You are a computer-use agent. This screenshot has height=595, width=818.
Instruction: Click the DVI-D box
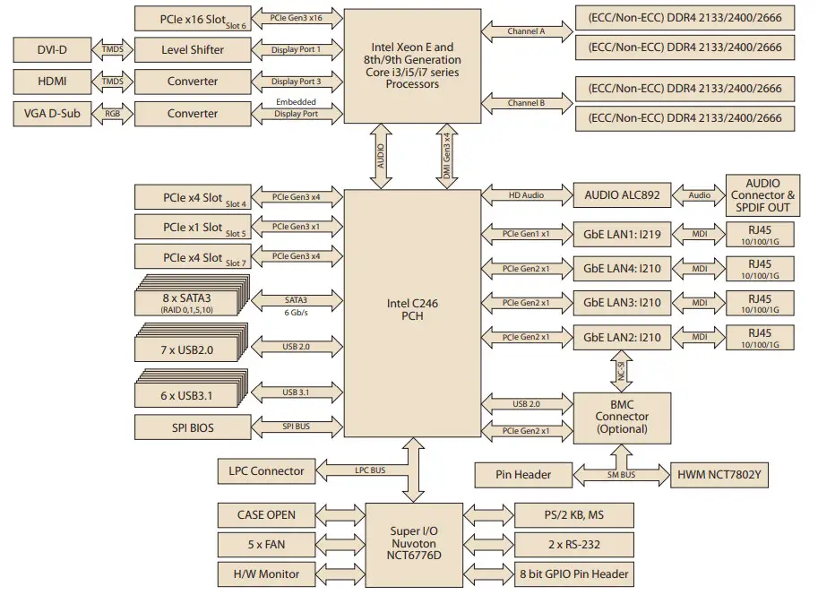(x=51, y=49)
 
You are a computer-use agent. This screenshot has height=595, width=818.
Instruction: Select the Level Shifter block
(x=194, y=49)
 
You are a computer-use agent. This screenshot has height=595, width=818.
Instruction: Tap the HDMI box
(x=51, y=82)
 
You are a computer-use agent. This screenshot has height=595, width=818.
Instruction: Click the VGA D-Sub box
(x=51, y=114)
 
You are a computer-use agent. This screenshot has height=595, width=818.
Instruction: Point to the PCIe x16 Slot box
(x=194, y=18)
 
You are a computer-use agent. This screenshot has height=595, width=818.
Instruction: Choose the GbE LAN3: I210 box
(x=622, y=302)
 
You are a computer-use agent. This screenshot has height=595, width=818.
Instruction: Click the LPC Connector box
(x=266, y=470)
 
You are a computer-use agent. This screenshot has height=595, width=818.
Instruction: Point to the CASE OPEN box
(x=267, y=514)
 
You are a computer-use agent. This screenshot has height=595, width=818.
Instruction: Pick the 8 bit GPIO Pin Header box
(x=574, y=573)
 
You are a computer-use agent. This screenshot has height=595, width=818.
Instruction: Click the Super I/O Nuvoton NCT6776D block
(x=415, y=544)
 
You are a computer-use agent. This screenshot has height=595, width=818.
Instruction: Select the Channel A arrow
(x=527, y=30)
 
